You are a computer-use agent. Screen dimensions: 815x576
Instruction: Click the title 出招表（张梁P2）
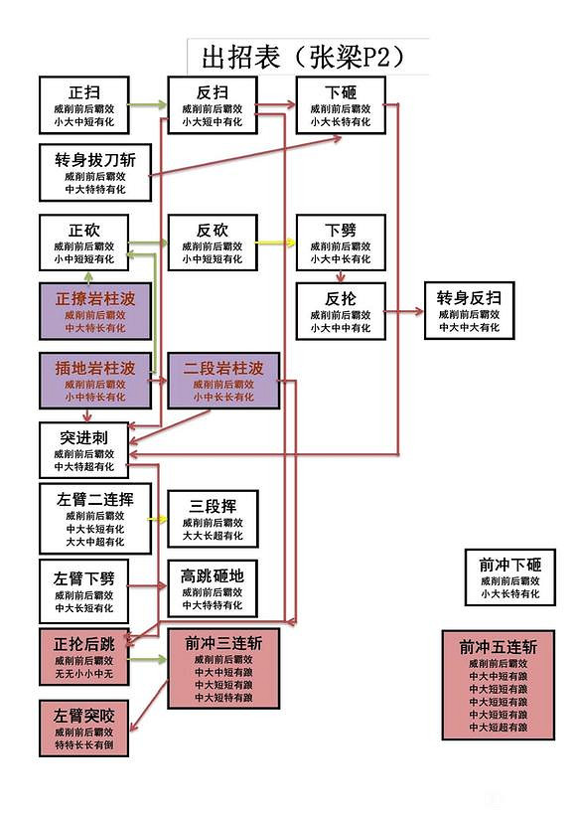pos(303,56)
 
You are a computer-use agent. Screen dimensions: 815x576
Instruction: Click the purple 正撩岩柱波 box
pos(95,311)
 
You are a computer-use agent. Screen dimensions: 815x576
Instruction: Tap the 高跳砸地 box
pos(212,587)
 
